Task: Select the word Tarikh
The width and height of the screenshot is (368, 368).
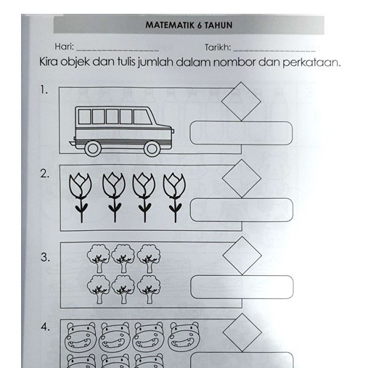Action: tap(218, 47)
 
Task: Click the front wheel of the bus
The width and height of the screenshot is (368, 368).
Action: tap(152, 147)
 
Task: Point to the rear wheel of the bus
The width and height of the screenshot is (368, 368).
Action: tap(93, 147)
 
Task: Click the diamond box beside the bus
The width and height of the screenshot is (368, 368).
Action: tap(240, 101)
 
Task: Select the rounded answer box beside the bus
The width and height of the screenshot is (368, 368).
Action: tap(241, 132)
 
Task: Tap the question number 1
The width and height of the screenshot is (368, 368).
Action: tap(45, 91)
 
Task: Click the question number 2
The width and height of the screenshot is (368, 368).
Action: tap(45, 173)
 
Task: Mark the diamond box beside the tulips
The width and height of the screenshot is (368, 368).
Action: tap(240, 179)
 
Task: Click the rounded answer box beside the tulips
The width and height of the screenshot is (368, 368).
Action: tap(241, 210)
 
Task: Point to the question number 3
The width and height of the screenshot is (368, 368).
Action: tap(45, 257)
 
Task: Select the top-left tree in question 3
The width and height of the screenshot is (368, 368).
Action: tap(99, 256)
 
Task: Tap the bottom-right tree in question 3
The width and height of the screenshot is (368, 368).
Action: tap(149, 287)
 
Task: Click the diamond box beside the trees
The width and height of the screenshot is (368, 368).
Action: tap(240, 256)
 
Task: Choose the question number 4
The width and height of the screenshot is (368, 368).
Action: tap(45, 327)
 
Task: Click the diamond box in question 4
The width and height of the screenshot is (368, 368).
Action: tap(240, 333)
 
